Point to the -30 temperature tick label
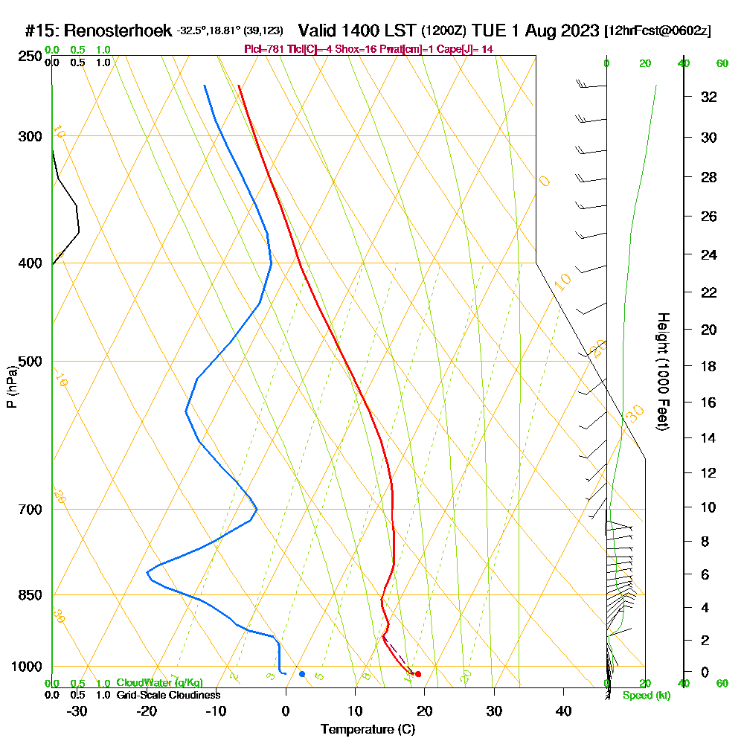click(x=77, y=711)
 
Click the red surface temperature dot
click(x=418, y=674)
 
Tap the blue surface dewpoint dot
click(x=301, y=674)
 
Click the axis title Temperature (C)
click(x=368, y=729)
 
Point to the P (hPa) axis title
click(x=11, y=386)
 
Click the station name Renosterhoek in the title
click(x=118, y=31)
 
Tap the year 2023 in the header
click(x=575, y=31)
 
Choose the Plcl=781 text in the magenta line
click(x=263, y=49)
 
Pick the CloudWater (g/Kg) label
click(x=159, y=683)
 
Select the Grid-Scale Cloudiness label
click(x=168, y=695)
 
